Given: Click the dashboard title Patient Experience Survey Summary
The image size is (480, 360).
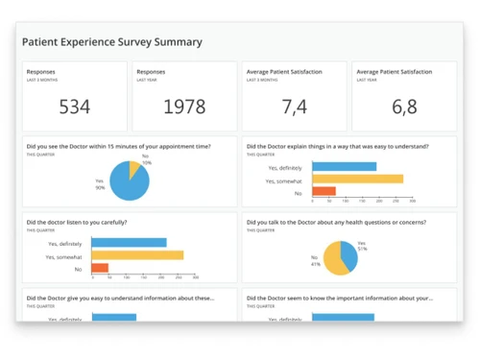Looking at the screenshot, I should [x=112, y=42].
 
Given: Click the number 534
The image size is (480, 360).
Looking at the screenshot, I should [x=75, y=107].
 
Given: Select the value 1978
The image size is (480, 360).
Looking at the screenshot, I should [x=184, y=107].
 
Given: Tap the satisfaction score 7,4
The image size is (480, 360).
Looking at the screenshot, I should [x=295, y=107].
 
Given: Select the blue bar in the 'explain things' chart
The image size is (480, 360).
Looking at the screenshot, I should [x=342, y=166].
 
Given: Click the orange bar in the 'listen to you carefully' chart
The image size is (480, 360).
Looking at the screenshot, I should [x=99, y=268].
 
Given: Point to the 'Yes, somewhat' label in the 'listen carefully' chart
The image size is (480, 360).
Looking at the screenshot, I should [x=64, y=255].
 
